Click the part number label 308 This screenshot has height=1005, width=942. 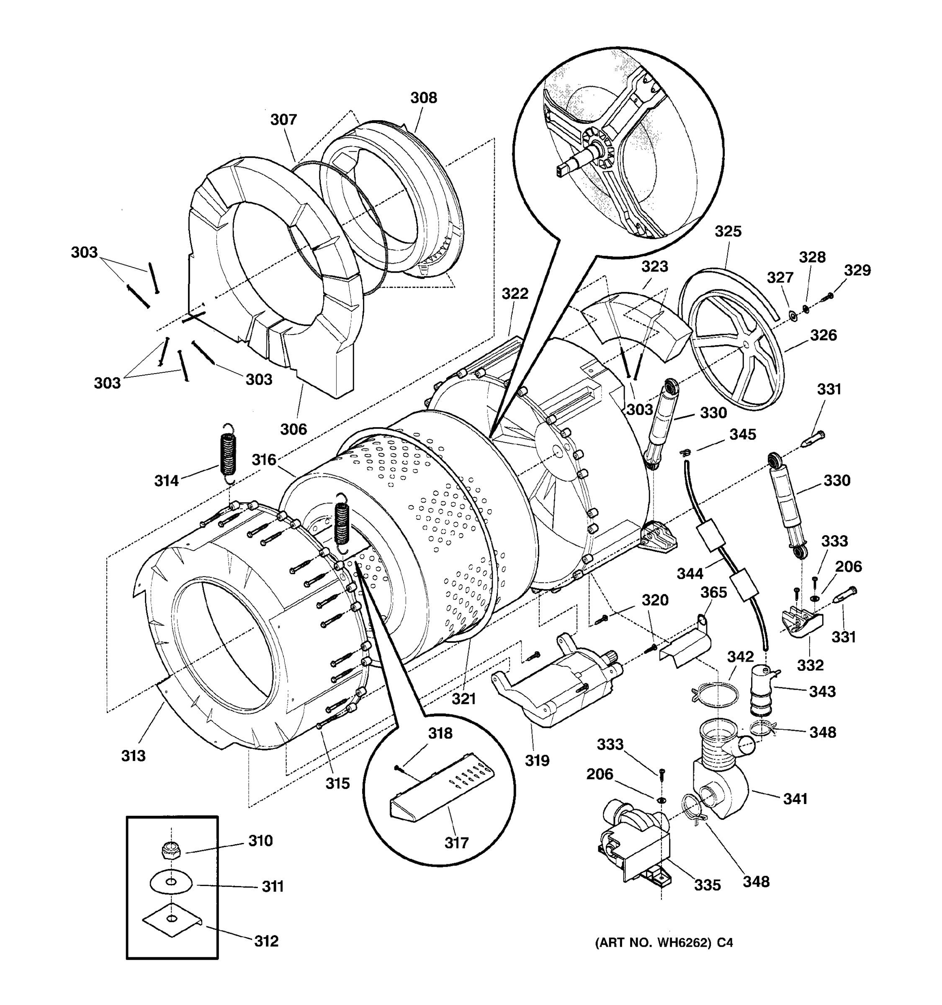[x=424, y=98]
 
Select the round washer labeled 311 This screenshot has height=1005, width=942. [x=171, y=883]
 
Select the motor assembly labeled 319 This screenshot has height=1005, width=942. [x=561, y=688]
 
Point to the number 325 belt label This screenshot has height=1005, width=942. [x=728, y=232]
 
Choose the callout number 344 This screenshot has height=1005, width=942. [x=690, y=573]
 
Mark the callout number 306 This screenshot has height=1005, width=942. [x=293, y=429]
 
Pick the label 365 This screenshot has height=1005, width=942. [x=713, y=592]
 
